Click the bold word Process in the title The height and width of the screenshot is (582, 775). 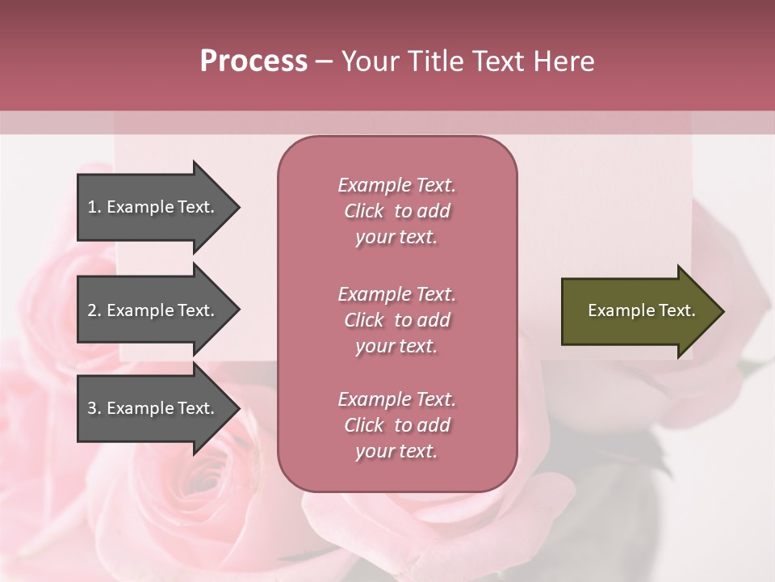(x=253, y=61)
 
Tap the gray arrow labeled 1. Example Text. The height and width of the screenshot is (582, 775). (x=153, y=207)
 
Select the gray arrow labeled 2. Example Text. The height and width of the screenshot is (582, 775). (x=153, y=310)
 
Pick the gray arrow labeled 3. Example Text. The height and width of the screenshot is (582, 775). (x=153, y=408)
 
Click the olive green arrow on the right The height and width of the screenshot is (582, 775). (x=638, y=311)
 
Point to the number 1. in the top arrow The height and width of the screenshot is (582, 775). (x=94, y=207)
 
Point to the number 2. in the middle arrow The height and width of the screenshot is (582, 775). (x=94, y=310)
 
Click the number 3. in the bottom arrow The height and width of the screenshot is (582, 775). (x=94, y=408)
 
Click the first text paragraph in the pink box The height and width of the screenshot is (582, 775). (x=396, y=211)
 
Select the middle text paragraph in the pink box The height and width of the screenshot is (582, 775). (x=396, y=320)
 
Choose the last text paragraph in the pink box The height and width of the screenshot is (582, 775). (x=396, y=425)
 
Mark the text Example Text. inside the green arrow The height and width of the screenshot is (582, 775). (x=641, y=310)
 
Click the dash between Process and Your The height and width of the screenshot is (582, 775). (x=324, y=61)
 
